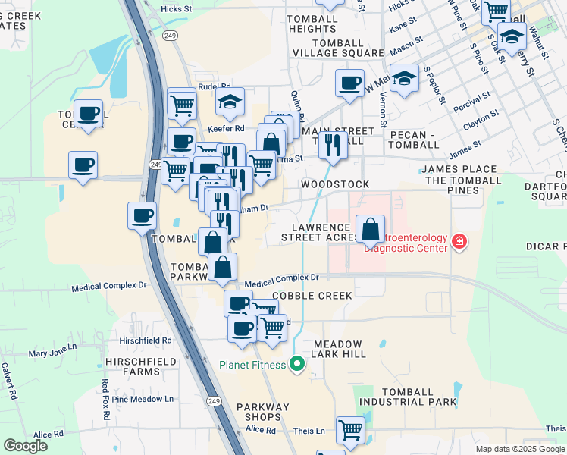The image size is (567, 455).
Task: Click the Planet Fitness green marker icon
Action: click(297, 365)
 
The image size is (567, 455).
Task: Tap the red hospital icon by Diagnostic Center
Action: click(458, 242)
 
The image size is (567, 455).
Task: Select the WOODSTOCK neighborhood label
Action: click(334, 184)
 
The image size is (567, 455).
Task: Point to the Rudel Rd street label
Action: click(213, 87)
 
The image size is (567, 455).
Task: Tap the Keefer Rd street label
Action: click(226, 128)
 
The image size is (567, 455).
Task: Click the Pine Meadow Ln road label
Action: click(143, 399)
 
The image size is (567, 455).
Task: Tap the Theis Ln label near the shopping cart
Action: click(309, 431)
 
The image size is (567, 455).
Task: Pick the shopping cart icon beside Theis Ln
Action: click(351, 429)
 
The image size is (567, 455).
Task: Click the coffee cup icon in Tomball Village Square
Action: click(349, 83)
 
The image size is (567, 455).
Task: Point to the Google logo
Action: click(25, 446)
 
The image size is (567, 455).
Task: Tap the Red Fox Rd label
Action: click(105, 397)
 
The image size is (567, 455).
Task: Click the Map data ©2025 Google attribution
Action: click(520, 449)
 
